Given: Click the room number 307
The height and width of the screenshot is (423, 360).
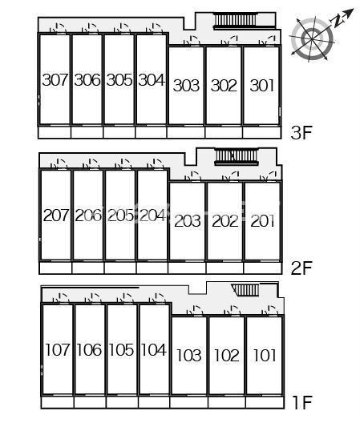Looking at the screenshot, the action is (x=55, y=80).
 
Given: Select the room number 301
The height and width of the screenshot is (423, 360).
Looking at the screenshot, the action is (x=262, y=85).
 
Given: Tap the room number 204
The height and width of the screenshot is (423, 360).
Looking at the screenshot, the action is (x=152, y=216).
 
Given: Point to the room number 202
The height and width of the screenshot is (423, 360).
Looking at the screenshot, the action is (x=225, y=221).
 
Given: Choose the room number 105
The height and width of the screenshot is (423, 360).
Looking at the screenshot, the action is (x=121, y=349).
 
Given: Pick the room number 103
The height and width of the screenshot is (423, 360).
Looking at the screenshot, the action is (x=189, y=355).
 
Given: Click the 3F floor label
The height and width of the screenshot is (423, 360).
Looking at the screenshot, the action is (x=301, y=132).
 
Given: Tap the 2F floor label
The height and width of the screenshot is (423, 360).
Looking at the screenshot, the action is (x=301, y=268).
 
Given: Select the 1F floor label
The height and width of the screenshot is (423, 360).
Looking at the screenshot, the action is (x=302, y=402).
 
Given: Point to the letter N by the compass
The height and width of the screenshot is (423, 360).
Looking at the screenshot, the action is (x=339, y=20).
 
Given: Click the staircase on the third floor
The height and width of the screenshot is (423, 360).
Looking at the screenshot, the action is (x=235, y=21).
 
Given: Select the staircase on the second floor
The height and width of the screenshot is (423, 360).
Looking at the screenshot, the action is (x=237, y=156).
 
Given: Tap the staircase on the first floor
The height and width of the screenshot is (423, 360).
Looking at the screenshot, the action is (x=245, y=290).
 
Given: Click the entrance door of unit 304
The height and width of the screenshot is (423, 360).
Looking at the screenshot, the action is (x=155, y=29).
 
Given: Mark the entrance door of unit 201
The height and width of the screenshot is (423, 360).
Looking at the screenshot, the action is (x=269, y=176).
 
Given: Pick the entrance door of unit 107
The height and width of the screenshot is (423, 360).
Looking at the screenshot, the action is (x=61, y=298).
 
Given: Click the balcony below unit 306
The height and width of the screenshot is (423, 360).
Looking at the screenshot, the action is (x=87, y=132).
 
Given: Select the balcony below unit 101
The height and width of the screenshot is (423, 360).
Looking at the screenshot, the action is (x=265, y=402).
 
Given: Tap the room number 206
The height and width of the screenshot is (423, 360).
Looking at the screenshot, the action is (x=88, y=216).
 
